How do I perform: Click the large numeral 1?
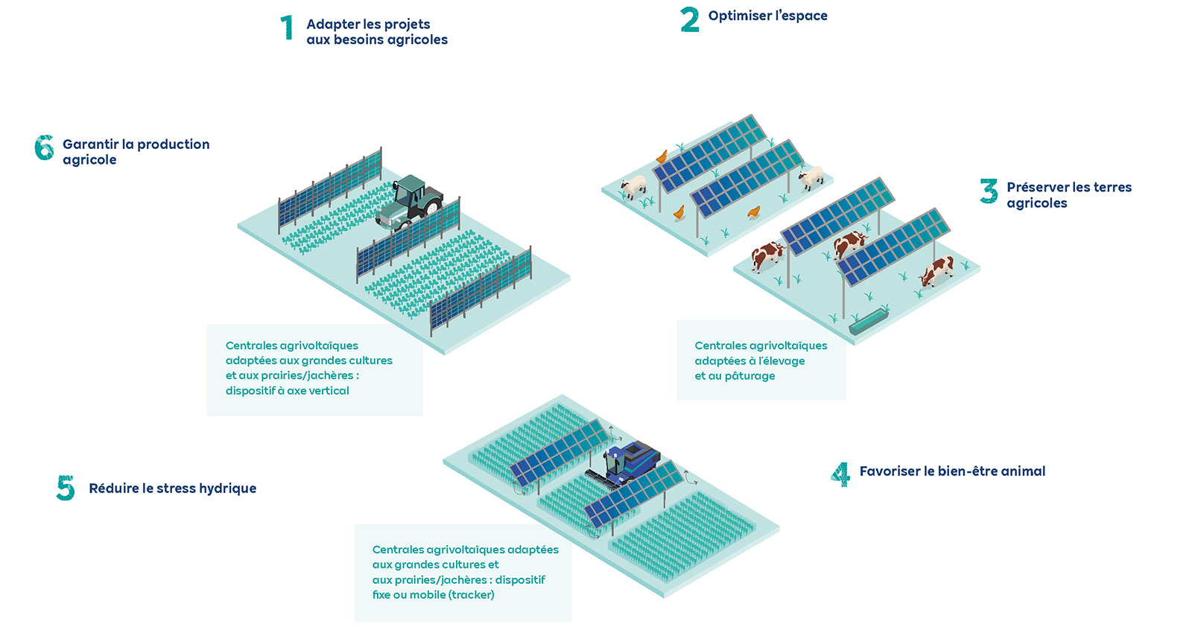[x=287, y=28]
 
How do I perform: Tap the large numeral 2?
[x=690, y=19]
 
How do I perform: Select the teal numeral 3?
[x=989, y=191]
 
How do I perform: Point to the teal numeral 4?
[x=840, y=474]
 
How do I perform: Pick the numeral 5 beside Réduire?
[x=66, y=488]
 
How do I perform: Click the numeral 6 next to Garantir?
[x=44, y=147]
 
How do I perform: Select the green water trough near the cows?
[x=868, y=321]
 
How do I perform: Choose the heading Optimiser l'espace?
[x=767, y=16]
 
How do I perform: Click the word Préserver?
[x=1038, y=187]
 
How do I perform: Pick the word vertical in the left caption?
[x=328, y=390]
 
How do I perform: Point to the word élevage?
[x=782, y=361]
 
